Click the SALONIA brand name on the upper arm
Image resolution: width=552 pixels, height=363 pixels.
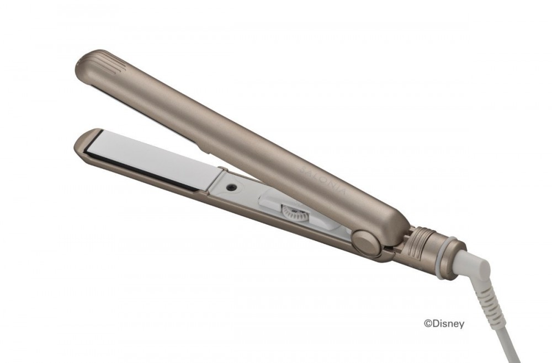324,180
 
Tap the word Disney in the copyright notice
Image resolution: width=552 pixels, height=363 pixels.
448,324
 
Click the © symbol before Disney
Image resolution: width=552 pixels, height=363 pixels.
428,323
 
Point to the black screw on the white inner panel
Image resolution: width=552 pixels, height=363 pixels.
231,188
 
